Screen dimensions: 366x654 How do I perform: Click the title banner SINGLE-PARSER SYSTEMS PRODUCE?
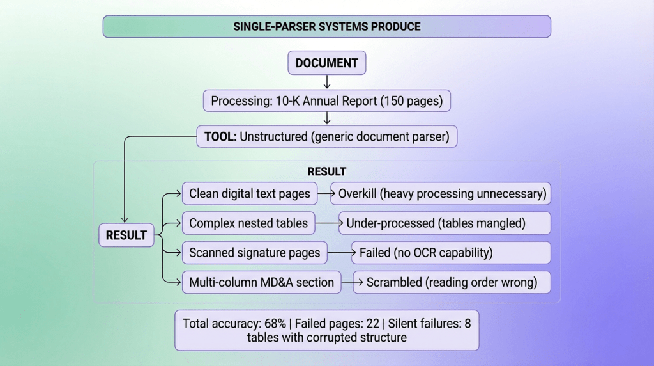click(326, 27)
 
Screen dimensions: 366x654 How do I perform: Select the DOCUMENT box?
click(326, 63)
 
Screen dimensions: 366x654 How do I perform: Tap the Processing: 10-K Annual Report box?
click(326, 101)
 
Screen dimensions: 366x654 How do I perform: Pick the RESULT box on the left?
click(126, 235)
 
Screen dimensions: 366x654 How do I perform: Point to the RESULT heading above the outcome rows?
click(326, 171)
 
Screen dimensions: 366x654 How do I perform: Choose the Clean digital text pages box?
click(249, 193)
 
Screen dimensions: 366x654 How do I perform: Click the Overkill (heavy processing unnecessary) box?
click(440, 193)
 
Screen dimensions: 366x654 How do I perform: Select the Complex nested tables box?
click(248, 223)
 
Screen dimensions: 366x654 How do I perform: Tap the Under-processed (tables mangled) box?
click(445, 223)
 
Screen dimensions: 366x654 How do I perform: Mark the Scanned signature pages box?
click(254, 253)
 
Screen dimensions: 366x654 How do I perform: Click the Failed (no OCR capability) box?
click(451, 253)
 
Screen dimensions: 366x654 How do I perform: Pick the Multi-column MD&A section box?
click(261, 282)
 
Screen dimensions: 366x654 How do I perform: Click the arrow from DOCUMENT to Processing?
click(326, 82)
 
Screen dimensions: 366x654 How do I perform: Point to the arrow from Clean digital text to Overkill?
click(323, 193)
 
